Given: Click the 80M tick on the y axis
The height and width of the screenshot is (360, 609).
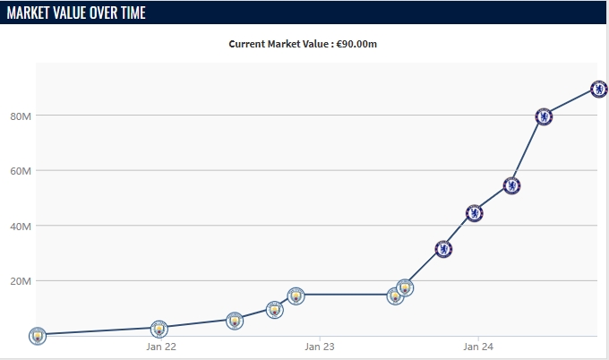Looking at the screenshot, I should click(x=21, y=116).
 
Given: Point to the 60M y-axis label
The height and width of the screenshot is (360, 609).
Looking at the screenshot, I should click(x=21, y=170).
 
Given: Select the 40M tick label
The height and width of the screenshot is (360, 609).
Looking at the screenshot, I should click(x=21, y=226).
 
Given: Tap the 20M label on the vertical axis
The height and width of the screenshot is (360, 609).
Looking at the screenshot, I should click(x=21, y=280).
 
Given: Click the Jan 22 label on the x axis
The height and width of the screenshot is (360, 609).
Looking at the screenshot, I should click(x=161, y=347).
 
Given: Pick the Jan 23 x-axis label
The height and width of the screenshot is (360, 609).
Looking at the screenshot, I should click(x=319, y=347).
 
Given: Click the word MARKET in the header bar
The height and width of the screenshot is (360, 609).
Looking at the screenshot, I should click(x=32, y=13).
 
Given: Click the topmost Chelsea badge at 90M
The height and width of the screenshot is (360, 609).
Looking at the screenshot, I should click(x=599, y=89).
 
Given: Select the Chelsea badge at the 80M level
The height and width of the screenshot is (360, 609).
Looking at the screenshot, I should click(x=544, y=116).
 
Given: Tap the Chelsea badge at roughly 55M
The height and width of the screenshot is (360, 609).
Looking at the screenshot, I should click(x=511, y=186).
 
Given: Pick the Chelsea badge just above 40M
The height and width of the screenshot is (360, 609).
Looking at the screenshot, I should click(x=475, y=213).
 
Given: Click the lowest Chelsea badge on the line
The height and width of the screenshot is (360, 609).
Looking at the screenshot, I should click(x=443, y=249).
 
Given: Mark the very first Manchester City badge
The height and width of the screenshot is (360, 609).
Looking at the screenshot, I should click(x=37, y=335).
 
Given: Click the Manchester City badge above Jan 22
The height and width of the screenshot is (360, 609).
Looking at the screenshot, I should click(x=159, y=329).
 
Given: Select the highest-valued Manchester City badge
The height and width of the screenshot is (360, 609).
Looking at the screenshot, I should click(x=405, y=287).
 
